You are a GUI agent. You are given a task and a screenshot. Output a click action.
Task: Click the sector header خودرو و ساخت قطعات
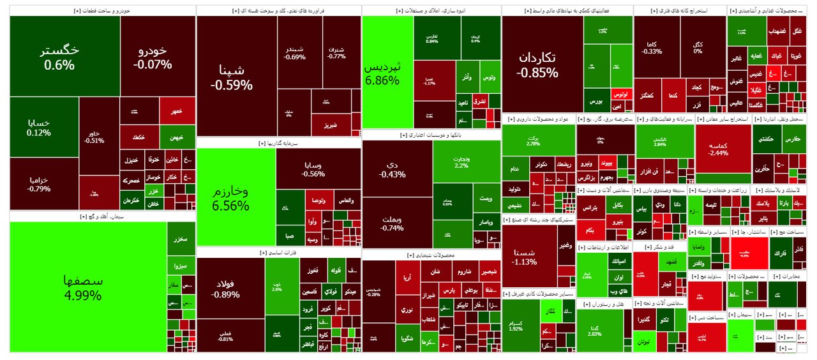102,11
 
